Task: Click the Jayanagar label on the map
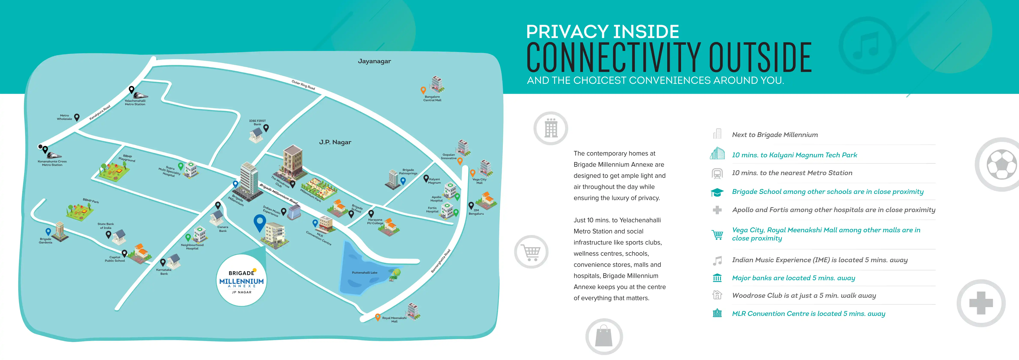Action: click(374, 61)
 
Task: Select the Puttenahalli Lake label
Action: click(364, 273)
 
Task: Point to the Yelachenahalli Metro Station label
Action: click(135, 102)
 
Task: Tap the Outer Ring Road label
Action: click(303, 85)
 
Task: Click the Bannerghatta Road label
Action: click(441, 261)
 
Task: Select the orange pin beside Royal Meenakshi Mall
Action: click(378, 317)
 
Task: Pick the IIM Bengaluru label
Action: click(476, 212)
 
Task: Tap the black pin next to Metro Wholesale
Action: click(77, 117)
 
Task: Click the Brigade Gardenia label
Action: click(46, 240)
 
